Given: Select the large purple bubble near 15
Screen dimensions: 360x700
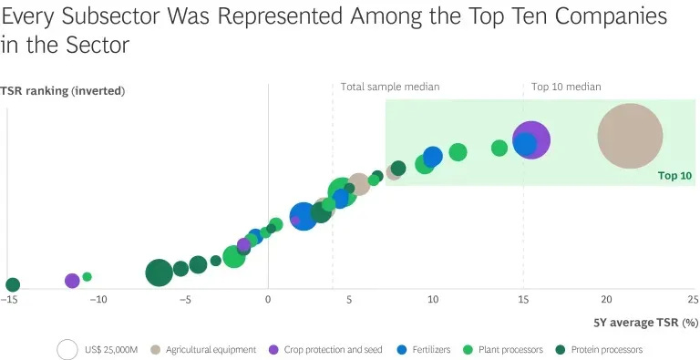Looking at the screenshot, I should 534,140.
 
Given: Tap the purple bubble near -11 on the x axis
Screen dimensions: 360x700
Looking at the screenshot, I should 72,281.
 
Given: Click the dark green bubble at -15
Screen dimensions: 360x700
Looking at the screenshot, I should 13,284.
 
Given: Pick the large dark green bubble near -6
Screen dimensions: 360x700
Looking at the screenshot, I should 159,272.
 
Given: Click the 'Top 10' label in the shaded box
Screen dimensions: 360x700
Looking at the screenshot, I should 674,175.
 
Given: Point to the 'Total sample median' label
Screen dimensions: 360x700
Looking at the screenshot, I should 390,87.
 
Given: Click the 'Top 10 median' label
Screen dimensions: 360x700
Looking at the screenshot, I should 566,87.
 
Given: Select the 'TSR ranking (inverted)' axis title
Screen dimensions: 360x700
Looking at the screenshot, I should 62,91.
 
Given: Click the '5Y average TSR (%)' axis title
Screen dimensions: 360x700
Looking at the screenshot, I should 645,322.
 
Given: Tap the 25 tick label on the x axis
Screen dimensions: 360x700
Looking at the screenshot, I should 691,299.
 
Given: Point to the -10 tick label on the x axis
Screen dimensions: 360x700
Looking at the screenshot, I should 96,299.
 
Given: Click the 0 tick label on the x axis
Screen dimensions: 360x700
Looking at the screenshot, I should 268,299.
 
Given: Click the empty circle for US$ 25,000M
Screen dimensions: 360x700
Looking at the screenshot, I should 67,350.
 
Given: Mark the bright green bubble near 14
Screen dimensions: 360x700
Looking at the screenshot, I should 499,148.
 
